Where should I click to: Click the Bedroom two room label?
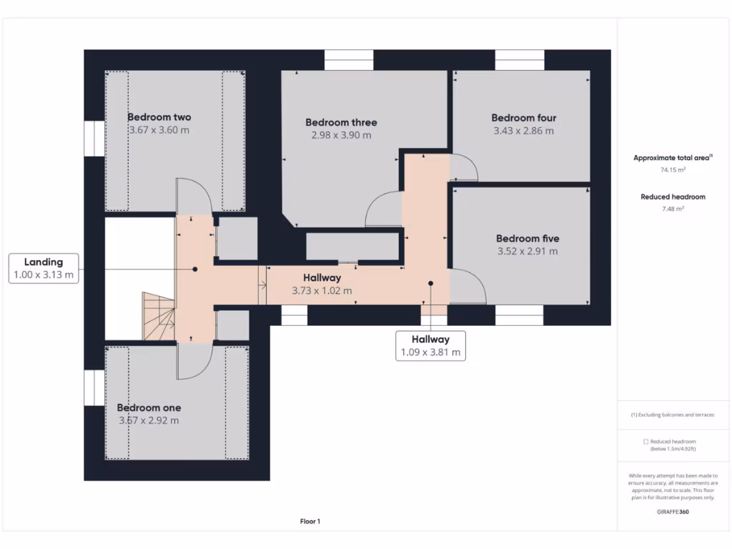[159, 117]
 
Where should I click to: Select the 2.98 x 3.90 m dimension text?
[341, 135]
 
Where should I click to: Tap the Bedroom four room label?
[523, 118]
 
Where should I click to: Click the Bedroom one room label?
[149, 407]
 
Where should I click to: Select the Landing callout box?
[44, 269]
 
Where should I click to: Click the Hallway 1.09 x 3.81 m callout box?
[430, 346]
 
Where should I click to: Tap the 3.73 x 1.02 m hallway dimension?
[322, 291]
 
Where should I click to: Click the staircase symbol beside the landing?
[159, 316]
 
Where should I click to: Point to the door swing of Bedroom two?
[194, 196]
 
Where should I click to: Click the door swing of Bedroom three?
[382, 209]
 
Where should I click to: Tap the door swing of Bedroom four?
[463, 169]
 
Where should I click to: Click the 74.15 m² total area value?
[673, 170]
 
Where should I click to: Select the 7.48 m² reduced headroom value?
[673, 209]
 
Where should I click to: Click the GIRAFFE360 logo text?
[673, 512]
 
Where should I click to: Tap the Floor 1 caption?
[310, 522]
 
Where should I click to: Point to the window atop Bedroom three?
[349, 60]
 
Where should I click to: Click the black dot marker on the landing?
[194, 269]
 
